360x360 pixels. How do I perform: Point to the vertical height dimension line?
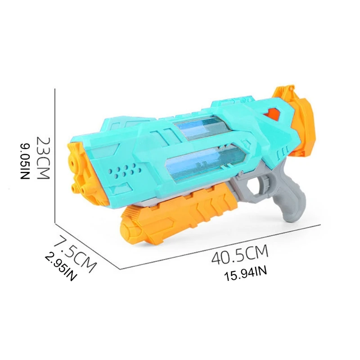(x=54, y=155)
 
